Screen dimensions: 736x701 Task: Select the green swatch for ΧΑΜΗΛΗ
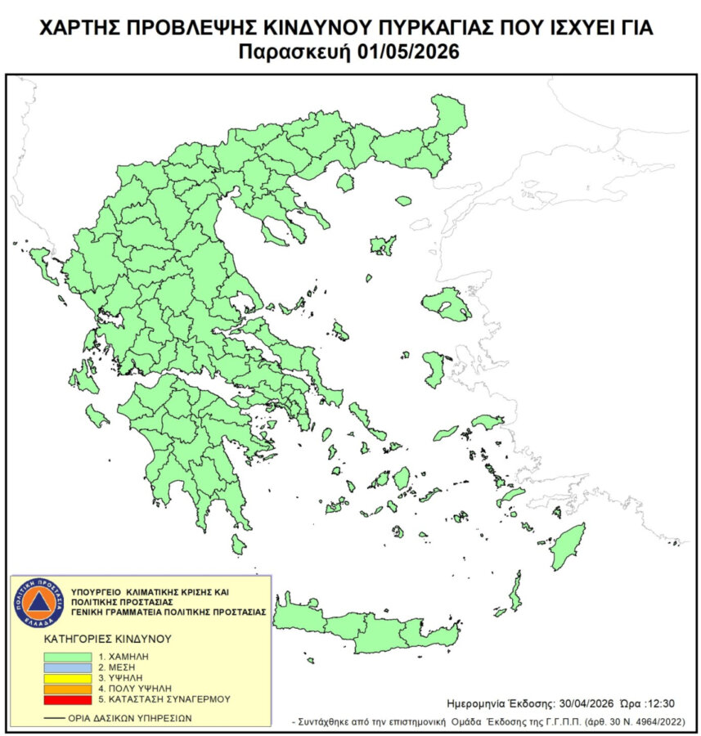(68, 657)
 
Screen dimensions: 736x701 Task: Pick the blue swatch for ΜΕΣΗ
(68, 667)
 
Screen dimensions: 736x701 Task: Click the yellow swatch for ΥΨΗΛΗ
(68, 678)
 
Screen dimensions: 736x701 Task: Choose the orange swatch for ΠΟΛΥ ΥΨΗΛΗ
(68, 689)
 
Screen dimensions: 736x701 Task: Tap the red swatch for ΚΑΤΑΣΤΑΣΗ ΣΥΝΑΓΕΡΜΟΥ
(68, 699)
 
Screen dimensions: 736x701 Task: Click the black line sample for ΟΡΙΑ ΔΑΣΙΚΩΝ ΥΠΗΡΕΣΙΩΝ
(56, 716)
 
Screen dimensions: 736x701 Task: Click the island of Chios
(434, 368)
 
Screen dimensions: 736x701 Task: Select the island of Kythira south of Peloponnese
(237, 544)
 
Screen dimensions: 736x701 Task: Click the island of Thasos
(345, 182)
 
